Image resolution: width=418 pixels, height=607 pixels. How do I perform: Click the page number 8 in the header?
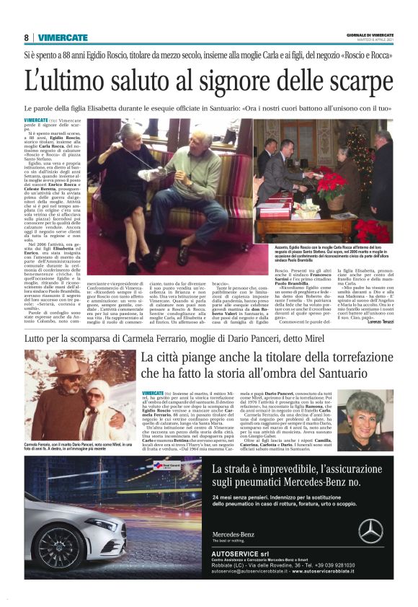[x=26, y=37]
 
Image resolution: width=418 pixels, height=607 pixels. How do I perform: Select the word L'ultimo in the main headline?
[x=66, y=81]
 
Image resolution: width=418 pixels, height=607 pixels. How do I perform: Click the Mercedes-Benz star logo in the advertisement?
[x=371, y=530]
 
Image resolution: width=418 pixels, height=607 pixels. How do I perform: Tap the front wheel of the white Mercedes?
[x=57, y=547]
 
